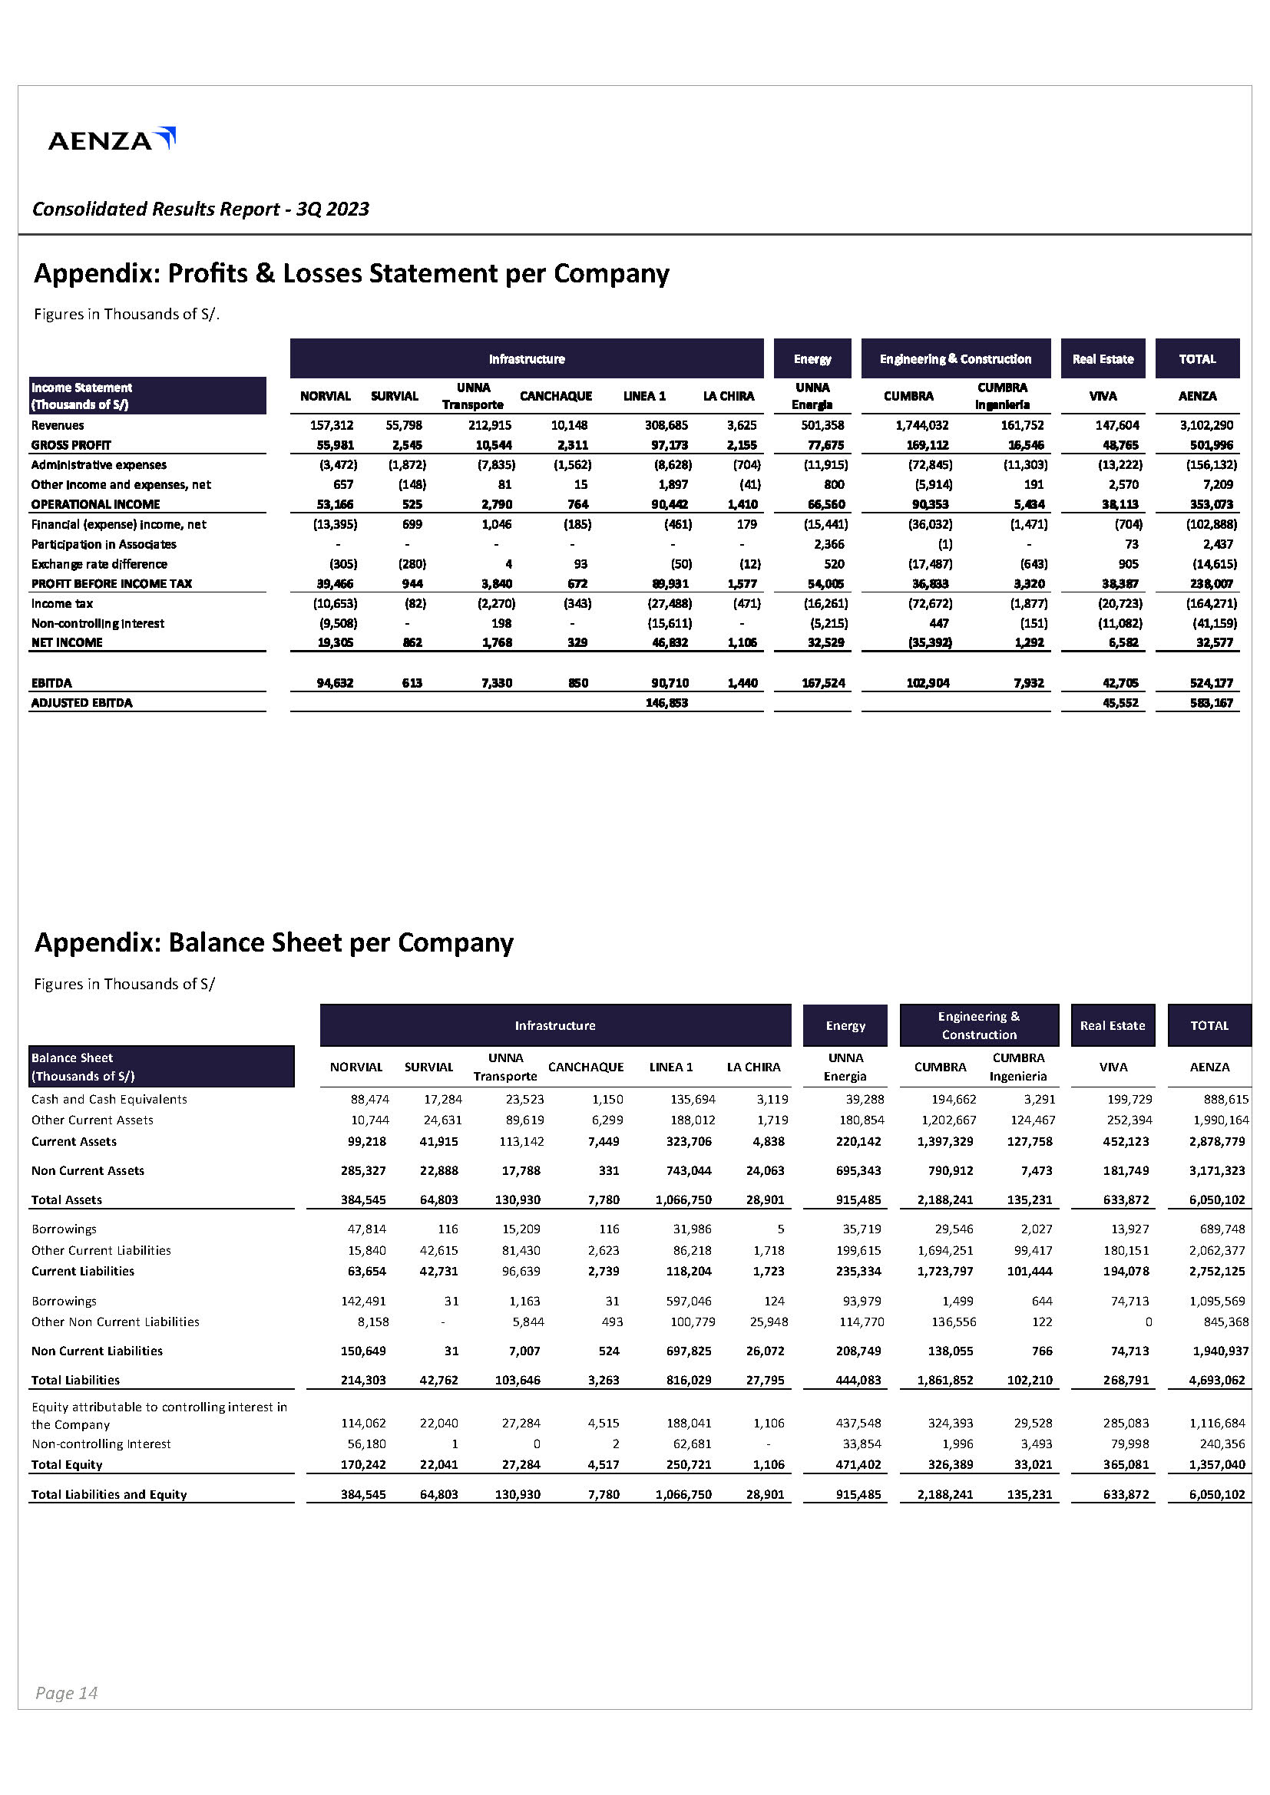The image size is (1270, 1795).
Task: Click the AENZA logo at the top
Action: [112, 140]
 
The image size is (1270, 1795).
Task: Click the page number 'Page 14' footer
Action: [67, 1693]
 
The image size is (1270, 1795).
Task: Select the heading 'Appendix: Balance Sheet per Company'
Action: [273, 942]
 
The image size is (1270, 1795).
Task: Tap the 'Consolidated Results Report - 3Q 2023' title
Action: [200, 209]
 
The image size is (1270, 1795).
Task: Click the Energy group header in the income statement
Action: [812, 359]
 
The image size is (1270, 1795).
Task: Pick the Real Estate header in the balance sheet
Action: [1112, 1025]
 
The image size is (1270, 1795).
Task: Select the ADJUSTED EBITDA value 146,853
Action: [666, 703]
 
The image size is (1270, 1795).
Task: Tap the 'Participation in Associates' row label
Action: [104, 544]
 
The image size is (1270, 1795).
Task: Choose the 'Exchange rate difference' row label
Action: [99, 564]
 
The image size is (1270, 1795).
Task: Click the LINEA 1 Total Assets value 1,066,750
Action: [683, 1199]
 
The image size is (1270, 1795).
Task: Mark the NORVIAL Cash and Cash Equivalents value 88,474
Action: [369, 1099]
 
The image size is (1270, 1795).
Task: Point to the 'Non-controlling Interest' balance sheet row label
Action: [101, 1444]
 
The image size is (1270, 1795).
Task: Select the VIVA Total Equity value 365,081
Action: [1126, 1464]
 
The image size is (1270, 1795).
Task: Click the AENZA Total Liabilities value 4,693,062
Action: [1216, 1380]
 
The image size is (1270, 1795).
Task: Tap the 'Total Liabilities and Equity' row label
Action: [109, 1494]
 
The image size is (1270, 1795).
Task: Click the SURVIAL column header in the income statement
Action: [394, 395]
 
